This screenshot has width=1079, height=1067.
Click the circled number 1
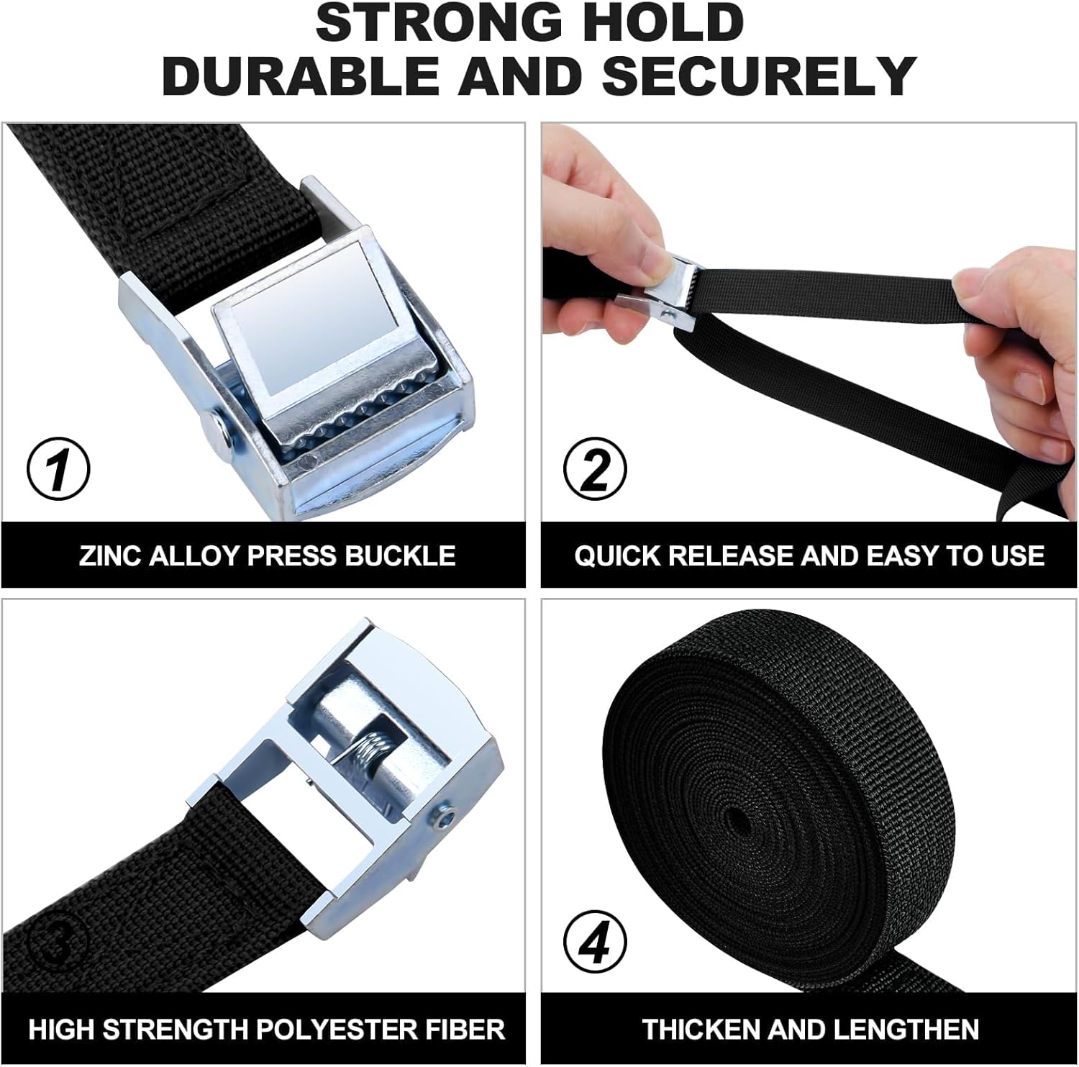(x=58, y=468)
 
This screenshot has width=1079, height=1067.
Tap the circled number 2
(x=596, y=468)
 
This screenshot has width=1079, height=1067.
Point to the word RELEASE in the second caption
(x=732, y=556)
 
